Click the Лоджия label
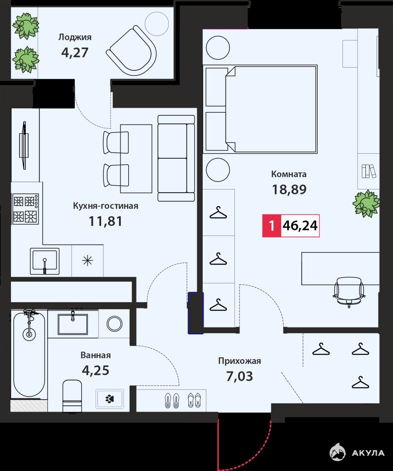click(75, 37)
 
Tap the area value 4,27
click(75, 52)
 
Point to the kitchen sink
click(45, 261)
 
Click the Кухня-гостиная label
click(106, 206)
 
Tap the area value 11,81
click(105, 221)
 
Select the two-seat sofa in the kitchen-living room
click(177, 158)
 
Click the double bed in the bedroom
click(260, 109)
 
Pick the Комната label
click(289, 174)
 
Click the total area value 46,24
click(300, 225)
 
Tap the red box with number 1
click(272, 226)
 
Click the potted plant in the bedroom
click(366, 203)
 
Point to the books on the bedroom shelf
click(369, 171)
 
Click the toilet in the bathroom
click(72, 396)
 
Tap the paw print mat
click(109, 399)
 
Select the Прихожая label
click(239, 361)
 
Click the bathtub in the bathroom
click(29, 355)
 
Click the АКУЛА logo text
click(368, 453)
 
